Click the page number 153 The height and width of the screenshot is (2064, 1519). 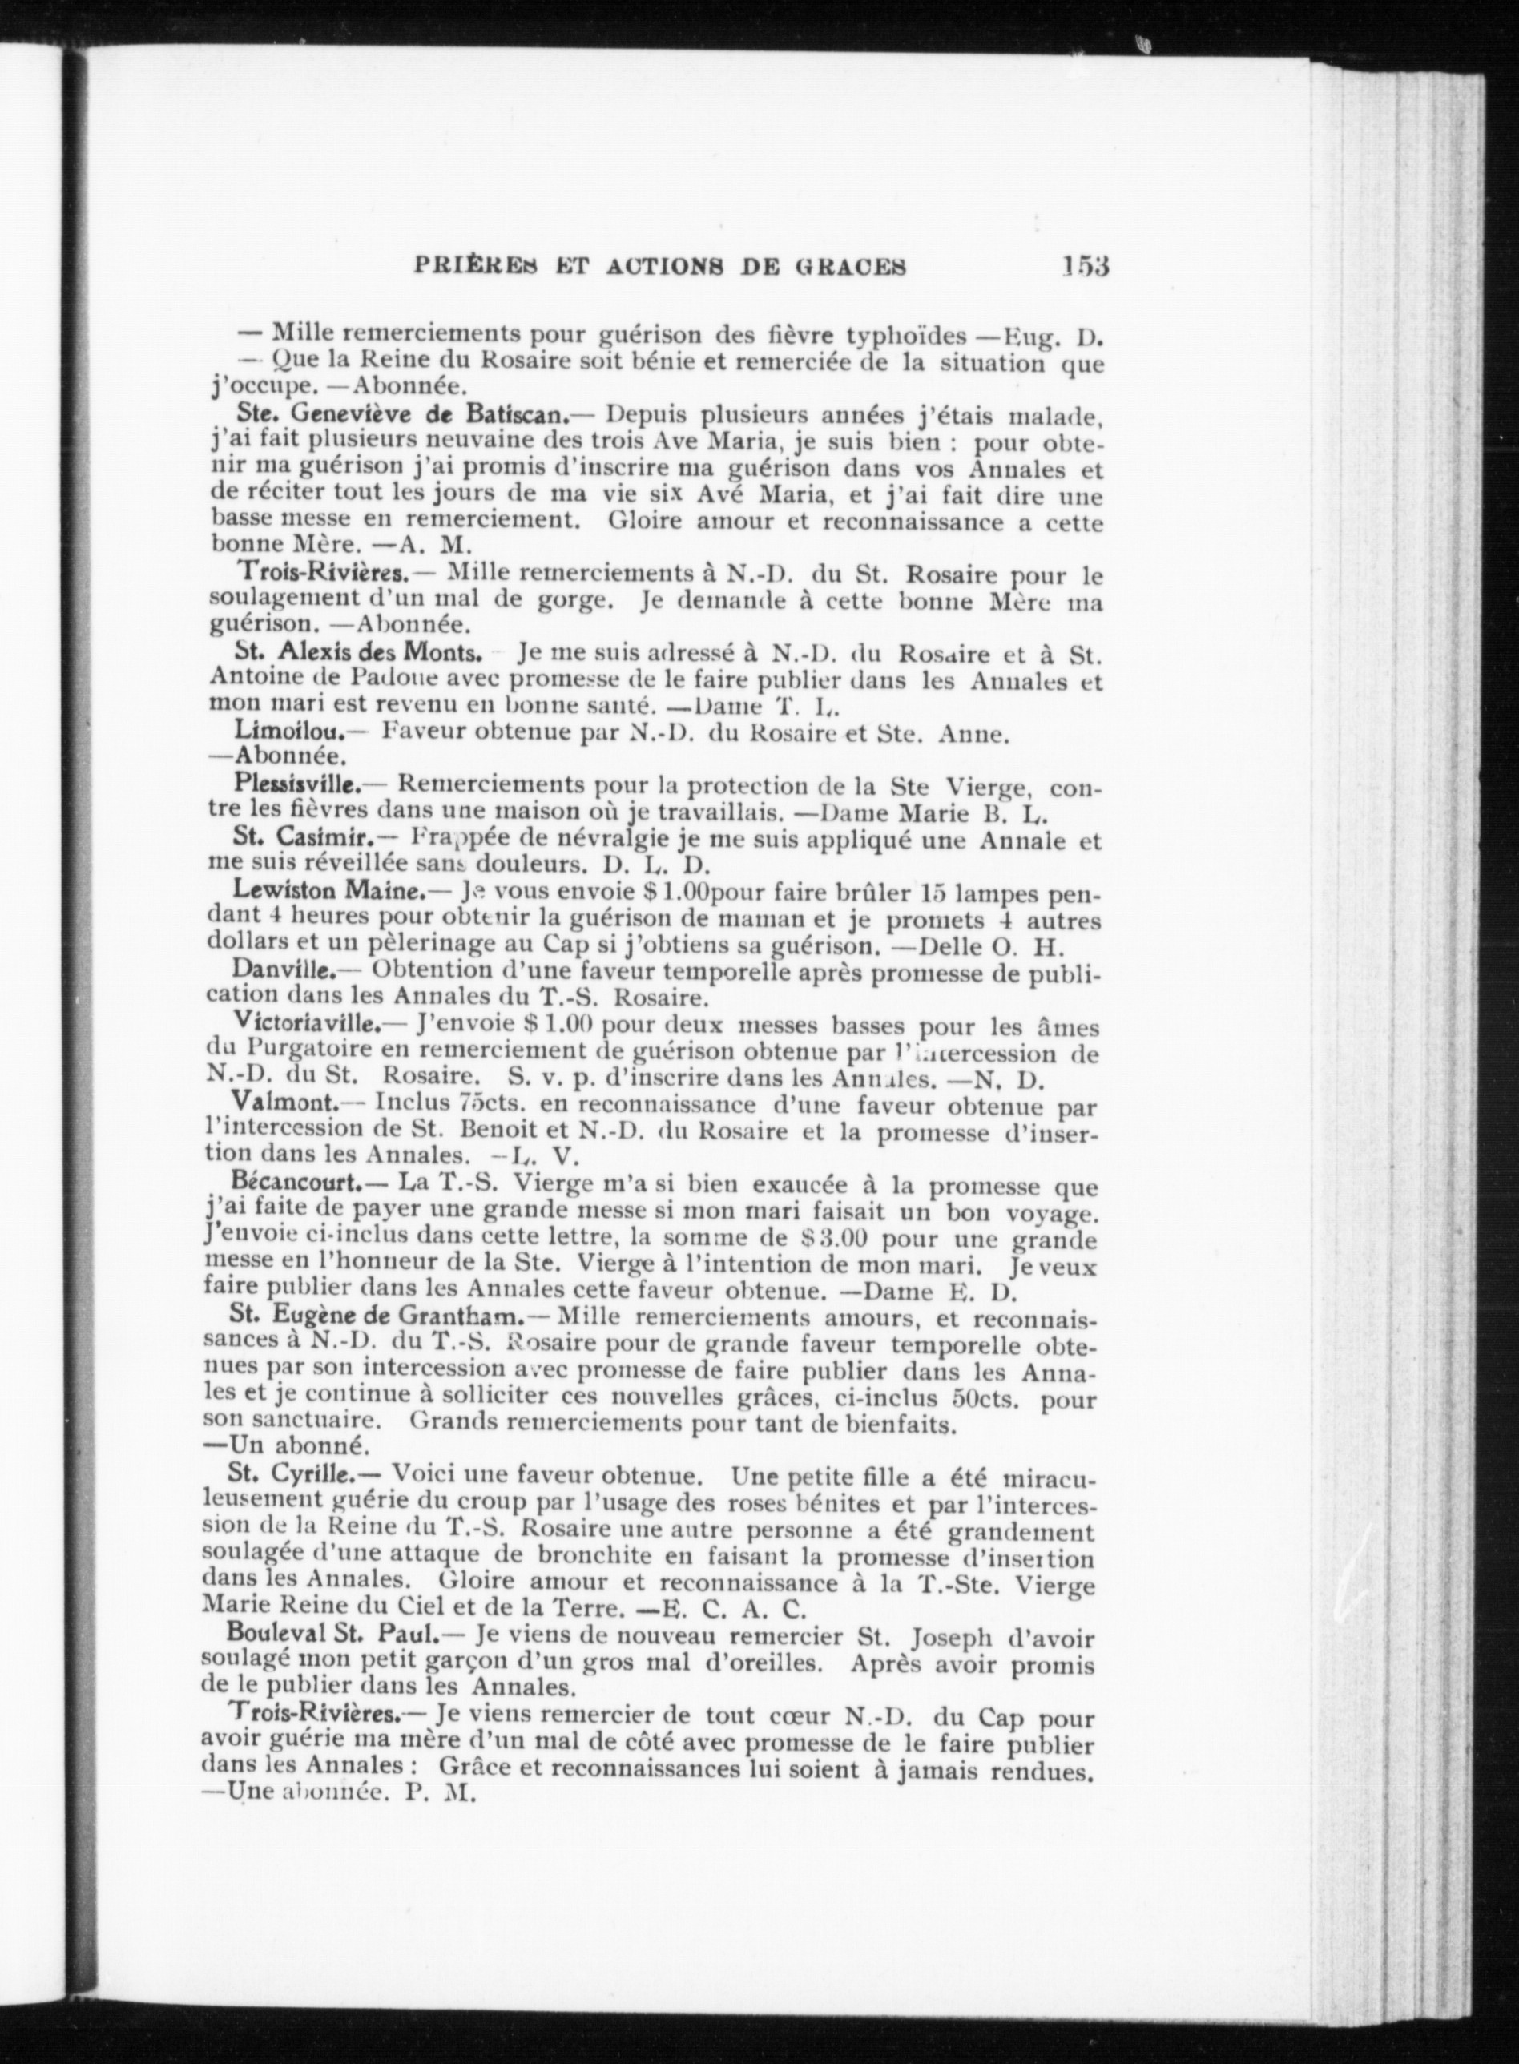(1085, 267)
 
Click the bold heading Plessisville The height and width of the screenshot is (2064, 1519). (296, 787)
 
